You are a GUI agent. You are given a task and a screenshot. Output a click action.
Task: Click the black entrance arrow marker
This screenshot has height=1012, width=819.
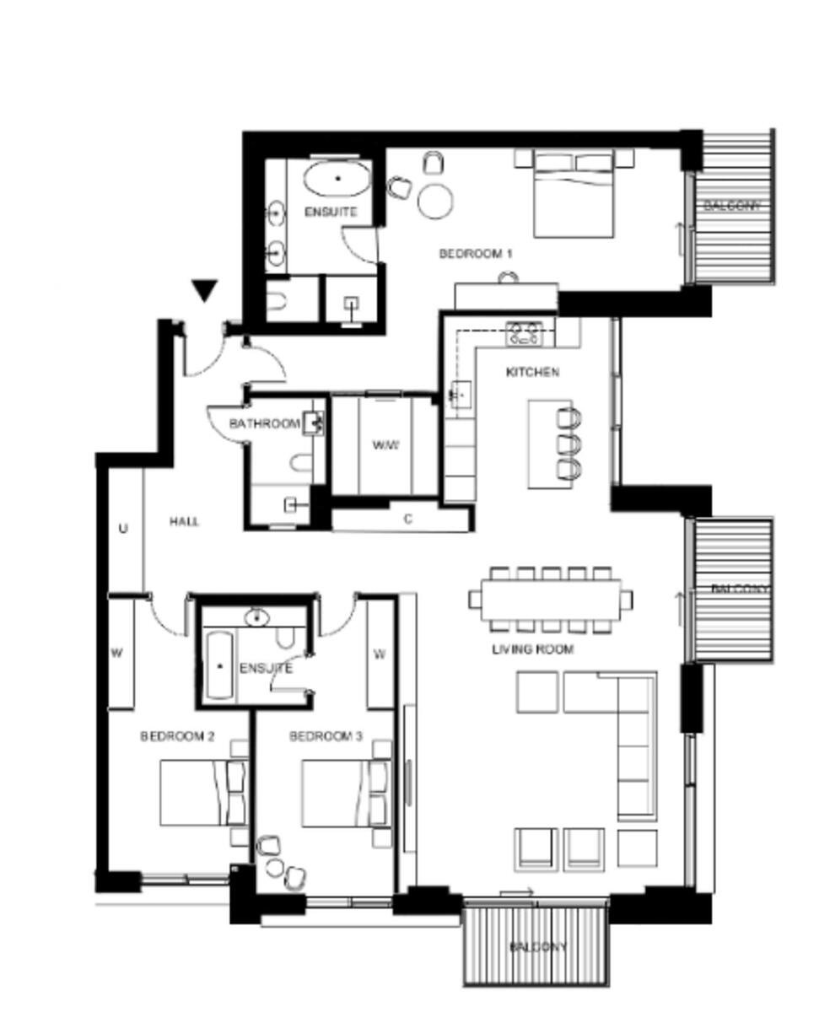(x=204, y=291)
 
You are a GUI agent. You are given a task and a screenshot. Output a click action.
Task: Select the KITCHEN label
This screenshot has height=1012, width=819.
(x=531, y=372)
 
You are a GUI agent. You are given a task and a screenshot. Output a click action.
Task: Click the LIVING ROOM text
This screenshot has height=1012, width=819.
(x=532, y=649)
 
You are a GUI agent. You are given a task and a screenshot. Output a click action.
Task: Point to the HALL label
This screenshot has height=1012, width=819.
(x=184, y=522)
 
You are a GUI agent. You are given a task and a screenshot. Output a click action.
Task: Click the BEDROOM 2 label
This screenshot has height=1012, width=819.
(x=177, y=736)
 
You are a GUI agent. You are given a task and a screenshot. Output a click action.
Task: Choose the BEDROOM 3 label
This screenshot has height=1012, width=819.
(x=326, y=736)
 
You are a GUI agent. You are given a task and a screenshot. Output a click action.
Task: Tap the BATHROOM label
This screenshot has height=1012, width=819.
(x=264, y=423)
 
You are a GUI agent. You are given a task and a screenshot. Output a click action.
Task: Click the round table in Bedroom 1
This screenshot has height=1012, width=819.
(x=435, y=201)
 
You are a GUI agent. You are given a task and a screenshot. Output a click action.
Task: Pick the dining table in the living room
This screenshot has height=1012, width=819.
(x=551, y=599)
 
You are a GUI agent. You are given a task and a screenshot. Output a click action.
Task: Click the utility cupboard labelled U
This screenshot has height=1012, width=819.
(x=123, y=529)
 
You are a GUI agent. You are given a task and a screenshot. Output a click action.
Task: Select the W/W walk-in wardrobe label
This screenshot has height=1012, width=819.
(x=385, y=444)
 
